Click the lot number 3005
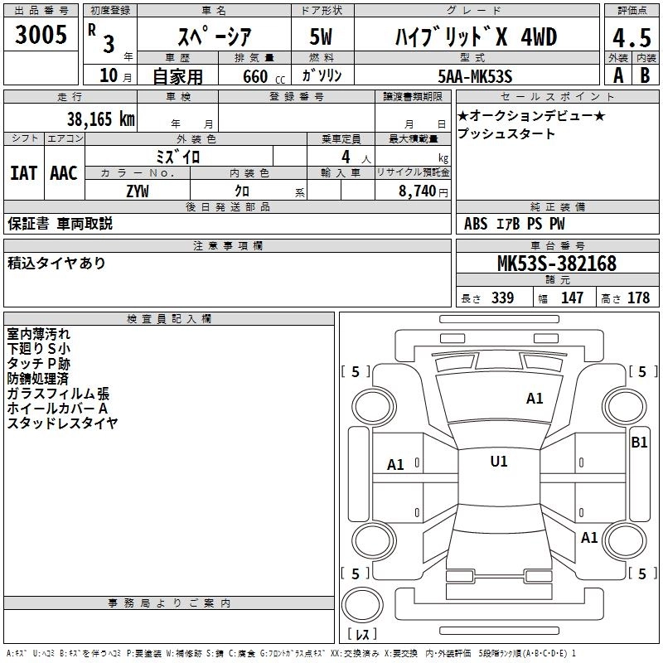point(41,35)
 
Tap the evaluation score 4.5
point(631,39)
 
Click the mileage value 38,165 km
point(100,119)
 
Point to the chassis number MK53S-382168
point(556,264)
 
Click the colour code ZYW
point(138,191)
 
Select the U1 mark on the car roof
point(498,462)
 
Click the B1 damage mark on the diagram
point(639,443)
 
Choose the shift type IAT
point(23,173)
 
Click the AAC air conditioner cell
point(63,173)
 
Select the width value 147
point(572,298)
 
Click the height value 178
point(638,298)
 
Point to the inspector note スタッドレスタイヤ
point(62,423)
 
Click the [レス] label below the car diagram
point(362,635)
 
